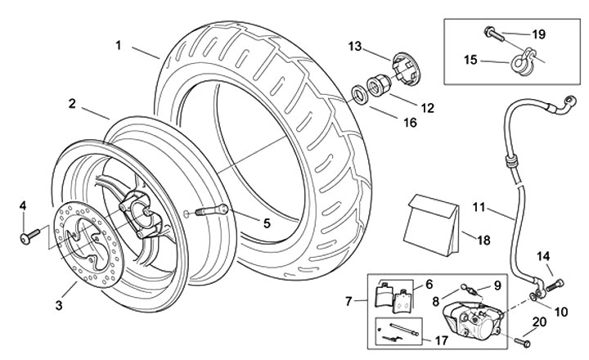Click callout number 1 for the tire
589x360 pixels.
(119, 46)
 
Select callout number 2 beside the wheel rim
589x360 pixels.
(73, 104)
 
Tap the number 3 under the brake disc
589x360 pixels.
(59, 306)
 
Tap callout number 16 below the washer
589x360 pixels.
(410, 122)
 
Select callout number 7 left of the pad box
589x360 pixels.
(351, 302)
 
